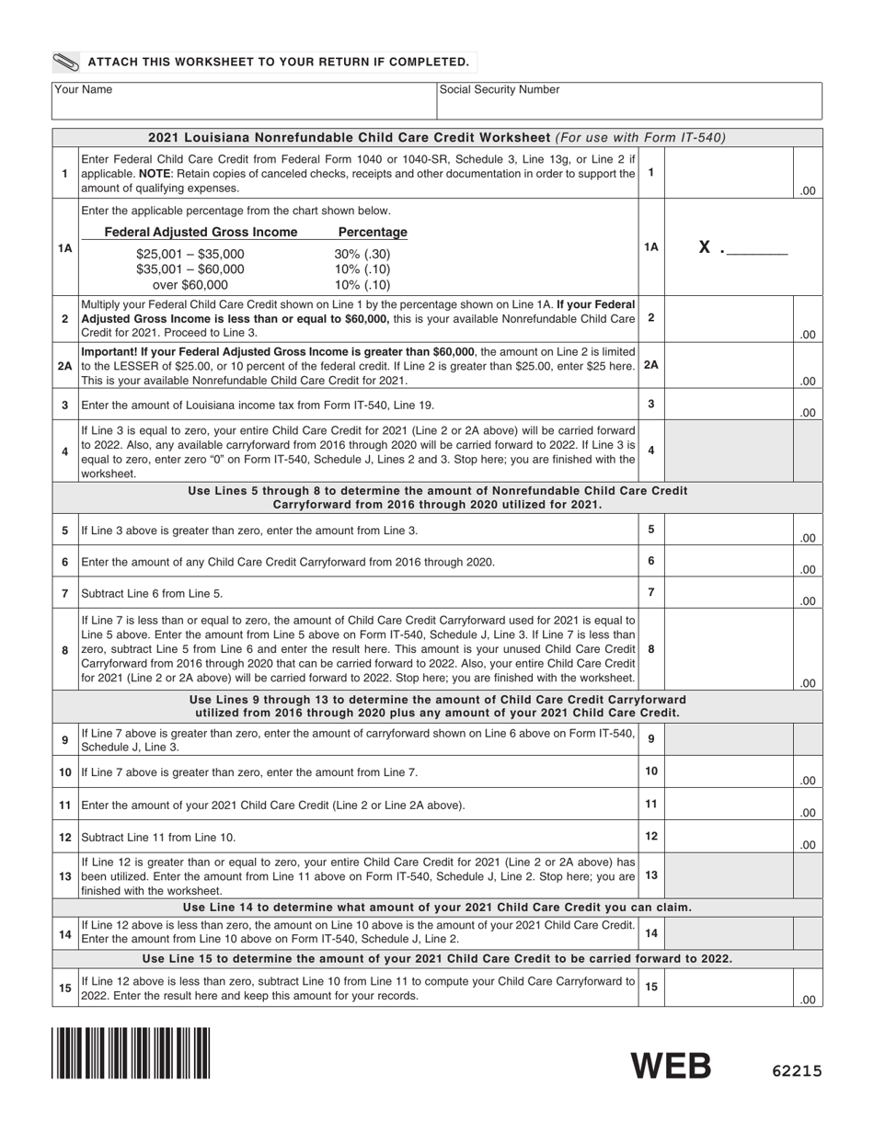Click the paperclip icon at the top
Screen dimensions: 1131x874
pyautogui.click(x=66, y=63)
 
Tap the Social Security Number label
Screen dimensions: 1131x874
pyautogui.click(x=500, y=90)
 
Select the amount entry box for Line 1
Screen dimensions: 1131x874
pyautogui.click(x=729, y=173)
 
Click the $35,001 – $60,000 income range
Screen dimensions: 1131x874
pyautogui.click(x=190, y=269)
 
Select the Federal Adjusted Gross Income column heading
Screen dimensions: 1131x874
pyautogui.click(x=201, y=232)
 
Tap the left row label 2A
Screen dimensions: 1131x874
pyautogui.click(x=65, y=365)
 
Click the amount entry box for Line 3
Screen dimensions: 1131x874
pyautogui.click(x=729, y=405)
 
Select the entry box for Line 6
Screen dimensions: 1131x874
pyautogui.click(x=729, y=561)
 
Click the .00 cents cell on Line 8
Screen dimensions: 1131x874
pyautogui.click(x=807, y=682)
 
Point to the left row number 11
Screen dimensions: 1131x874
pyautogui.click(x=65, y=805)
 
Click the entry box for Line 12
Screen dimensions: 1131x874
pyautogui.click(x=729, y=837)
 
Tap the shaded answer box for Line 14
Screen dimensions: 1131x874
pyautogui.click(x=729, y=932)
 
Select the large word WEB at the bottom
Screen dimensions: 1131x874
pyautogui.click(x=671, y=1067)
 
